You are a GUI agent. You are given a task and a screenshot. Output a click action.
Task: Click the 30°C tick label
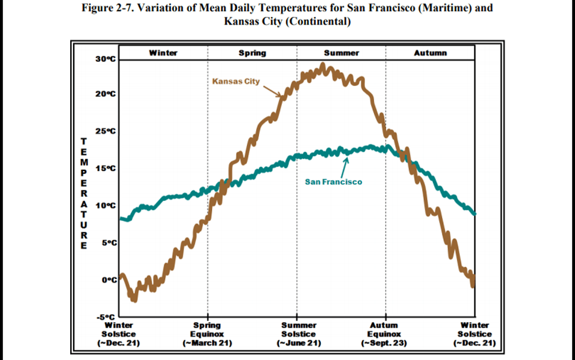point(105,59)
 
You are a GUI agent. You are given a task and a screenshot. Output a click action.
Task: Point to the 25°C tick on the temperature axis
point(105,131)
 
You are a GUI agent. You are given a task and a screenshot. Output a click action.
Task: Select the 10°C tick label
point(105,205)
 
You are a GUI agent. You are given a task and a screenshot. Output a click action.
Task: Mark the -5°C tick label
point(106,316)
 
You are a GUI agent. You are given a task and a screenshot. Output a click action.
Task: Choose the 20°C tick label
point(105,94)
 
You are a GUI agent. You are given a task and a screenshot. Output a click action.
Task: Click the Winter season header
point(163,53)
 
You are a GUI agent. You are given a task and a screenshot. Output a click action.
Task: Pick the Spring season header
point(252,53)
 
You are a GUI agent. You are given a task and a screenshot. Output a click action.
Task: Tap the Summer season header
point(341,53)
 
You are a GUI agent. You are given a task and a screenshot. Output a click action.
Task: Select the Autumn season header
point(430,53)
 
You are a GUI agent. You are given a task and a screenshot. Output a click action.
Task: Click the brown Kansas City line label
point(236,81)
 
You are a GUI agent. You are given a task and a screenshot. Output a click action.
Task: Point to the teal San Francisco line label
point(333,181)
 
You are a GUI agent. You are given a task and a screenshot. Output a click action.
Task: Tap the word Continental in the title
point(317,22)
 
